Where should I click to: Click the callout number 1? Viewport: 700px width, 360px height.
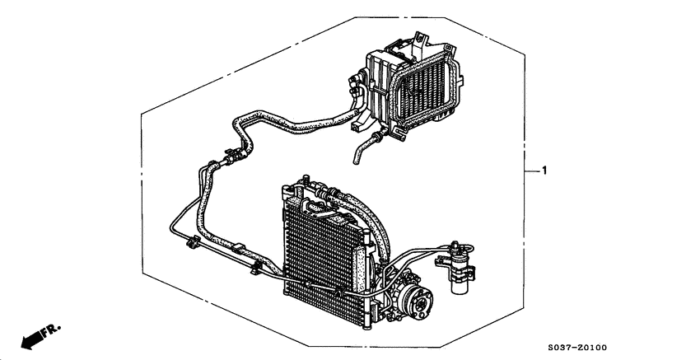click(544, 171)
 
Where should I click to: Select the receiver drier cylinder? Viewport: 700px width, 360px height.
click(458, 268)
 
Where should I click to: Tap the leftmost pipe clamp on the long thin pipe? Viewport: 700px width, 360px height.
click(189, 243)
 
